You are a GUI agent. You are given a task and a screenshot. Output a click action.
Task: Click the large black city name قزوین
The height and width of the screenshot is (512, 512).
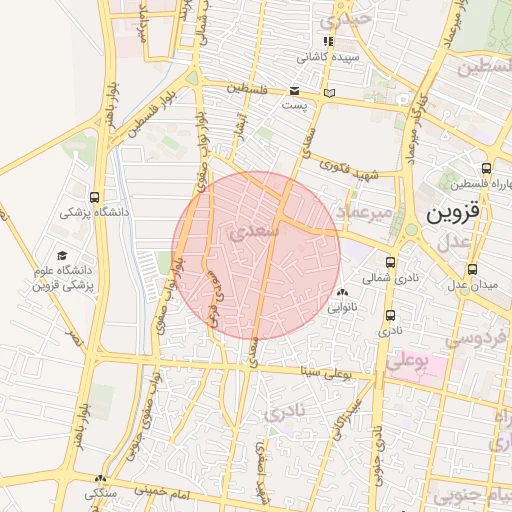(454, 212)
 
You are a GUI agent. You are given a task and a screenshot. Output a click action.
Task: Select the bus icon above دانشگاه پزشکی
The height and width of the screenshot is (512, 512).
(94, 197)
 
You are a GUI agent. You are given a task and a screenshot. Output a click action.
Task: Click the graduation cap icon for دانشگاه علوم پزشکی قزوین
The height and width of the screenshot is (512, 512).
(63, 256)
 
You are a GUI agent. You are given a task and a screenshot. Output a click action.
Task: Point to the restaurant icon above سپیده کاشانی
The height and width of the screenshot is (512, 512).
(328, 42)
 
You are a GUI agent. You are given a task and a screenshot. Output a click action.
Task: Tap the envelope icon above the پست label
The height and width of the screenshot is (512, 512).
(294, 90)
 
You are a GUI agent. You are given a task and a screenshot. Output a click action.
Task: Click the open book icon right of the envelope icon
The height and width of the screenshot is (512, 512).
(330, 93)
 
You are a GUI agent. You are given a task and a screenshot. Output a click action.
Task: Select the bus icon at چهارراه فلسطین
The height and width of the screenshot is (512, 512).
(486, 168)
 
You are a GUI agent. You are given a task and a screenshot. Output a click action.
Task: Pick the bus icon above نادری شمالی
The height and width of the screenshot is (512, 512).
(390, 262)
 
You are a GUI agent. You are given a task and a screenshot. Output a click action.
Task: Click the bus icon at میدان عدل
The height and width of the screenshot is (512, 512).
(473, 268)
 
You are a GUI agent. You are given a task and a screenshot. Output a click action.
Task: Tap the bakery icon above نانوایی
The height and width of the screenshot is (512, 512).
(343, 293)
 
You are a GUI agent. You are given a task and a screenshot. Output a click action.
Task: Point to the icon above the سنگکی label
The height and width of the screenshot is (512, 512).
(100, 479)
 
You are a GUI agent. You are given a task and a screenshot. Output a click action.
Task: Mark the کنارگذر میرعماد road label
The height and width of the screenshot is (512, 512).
(416, 130)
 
